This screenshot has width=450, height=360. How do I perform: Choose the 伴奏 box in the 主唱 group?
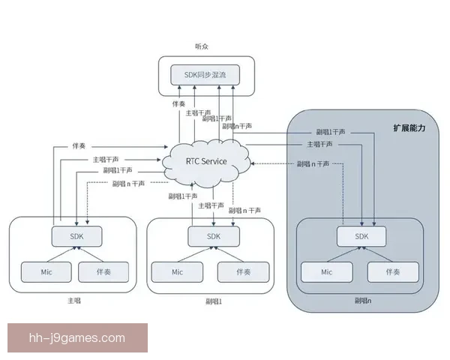pyautogui.click(x=103, y=271)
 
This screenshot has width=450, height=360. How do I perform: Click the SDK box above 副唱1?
pyautogui.click(x=214, y=235)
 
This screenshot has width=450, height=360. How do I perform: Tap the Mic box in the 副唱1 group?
pyautogui.click(x=177, y=271)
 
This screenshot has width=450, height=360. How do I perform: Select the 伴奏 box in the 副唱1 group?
pyautogui.click(x=243, y=271)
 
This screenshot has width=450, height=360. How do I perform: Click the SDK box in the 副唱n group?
pyautogui.click(x=362, y=235)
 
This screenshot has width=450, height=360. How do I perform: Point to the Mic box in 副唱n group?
pyautogui.click(x=327, y=271)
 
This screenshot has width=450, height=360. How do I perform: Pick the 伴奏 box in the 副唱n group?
pyautogui.click(x=393, y=271)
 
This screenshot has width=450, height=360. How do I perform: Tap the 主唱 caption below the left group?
pyautogui.click(x=73, y=301)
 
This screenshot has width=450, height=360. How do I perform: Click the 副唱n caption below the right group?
pyautogui.click(x=362, y=301)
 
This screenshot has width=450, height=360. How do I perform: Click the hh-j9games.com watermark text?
pyautogui.click(x=76, y=337)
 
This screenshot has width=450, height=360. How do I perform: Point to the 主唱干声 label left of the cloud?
pyautogui.click(x=105, y=159)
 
